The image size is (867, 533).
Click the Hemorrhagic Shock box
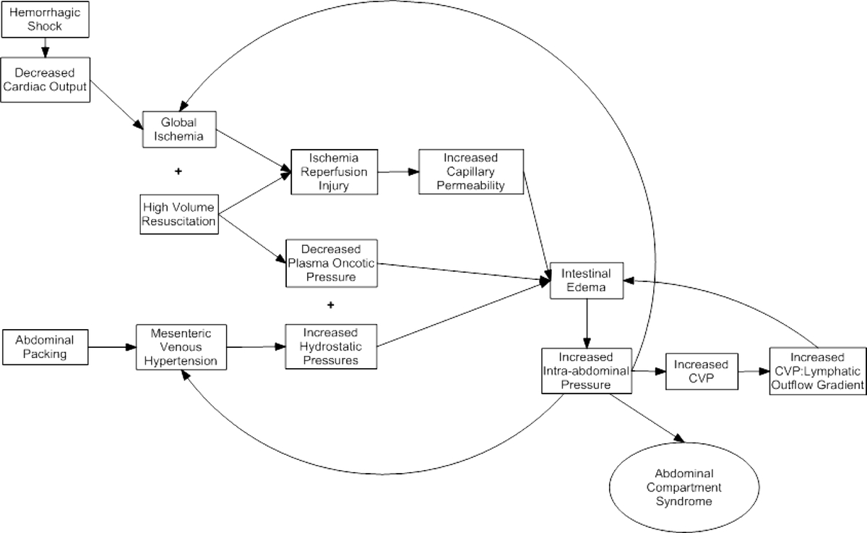coord(46,20)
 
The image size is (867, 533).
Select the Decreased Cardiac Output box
coord(46,80)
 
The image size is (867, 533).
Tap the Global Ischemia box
coord(179,129)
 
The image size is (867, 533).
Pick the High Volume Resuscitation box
coord(179,214)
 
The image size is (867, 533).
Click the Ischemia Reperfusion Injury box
coord(335,171)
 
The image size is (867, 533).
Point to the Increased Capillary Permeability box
coord(471,171)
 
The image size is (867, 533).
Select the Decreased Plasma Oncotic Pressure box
coord(332,263)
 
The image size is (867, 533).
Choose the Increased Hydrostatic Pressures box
coord(331,346)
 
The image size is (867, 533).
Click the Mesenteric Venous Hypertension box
coord(181,347)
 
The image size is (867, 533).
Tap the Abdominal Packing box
coord(46,347)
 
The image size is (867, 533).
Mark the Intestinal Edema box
coord(587,281)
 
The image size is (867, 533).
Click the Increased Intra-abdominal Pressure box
coord(587,371)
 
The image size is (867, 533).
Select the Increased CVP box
coord(702,371)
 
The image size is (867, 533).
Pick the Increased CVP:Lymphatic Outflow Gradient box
coord(818,371)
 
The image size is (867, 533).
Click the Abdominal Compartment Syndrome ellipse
coord(684,487)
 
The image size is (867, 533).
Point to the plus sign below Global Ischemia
coord(178,171)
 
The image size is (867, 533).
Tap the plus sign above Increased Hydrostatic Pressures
coord(331,305)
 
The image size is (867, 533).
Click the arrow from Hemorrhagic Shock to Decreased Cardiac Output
coord(46,48)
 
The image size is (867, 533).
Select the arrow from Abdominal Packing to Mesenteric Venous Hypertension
coord(112,347)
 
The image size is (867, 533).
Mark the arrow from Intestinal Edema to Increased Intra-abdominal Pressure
coord(587,323)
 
